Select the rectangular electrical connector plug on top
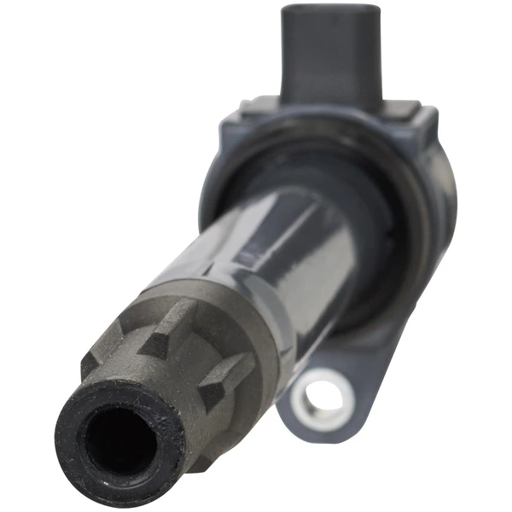[x=329, y=51]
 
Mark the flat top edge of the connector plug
[x=329, y=8]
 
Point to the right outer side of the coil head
[x=444, y=205]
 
